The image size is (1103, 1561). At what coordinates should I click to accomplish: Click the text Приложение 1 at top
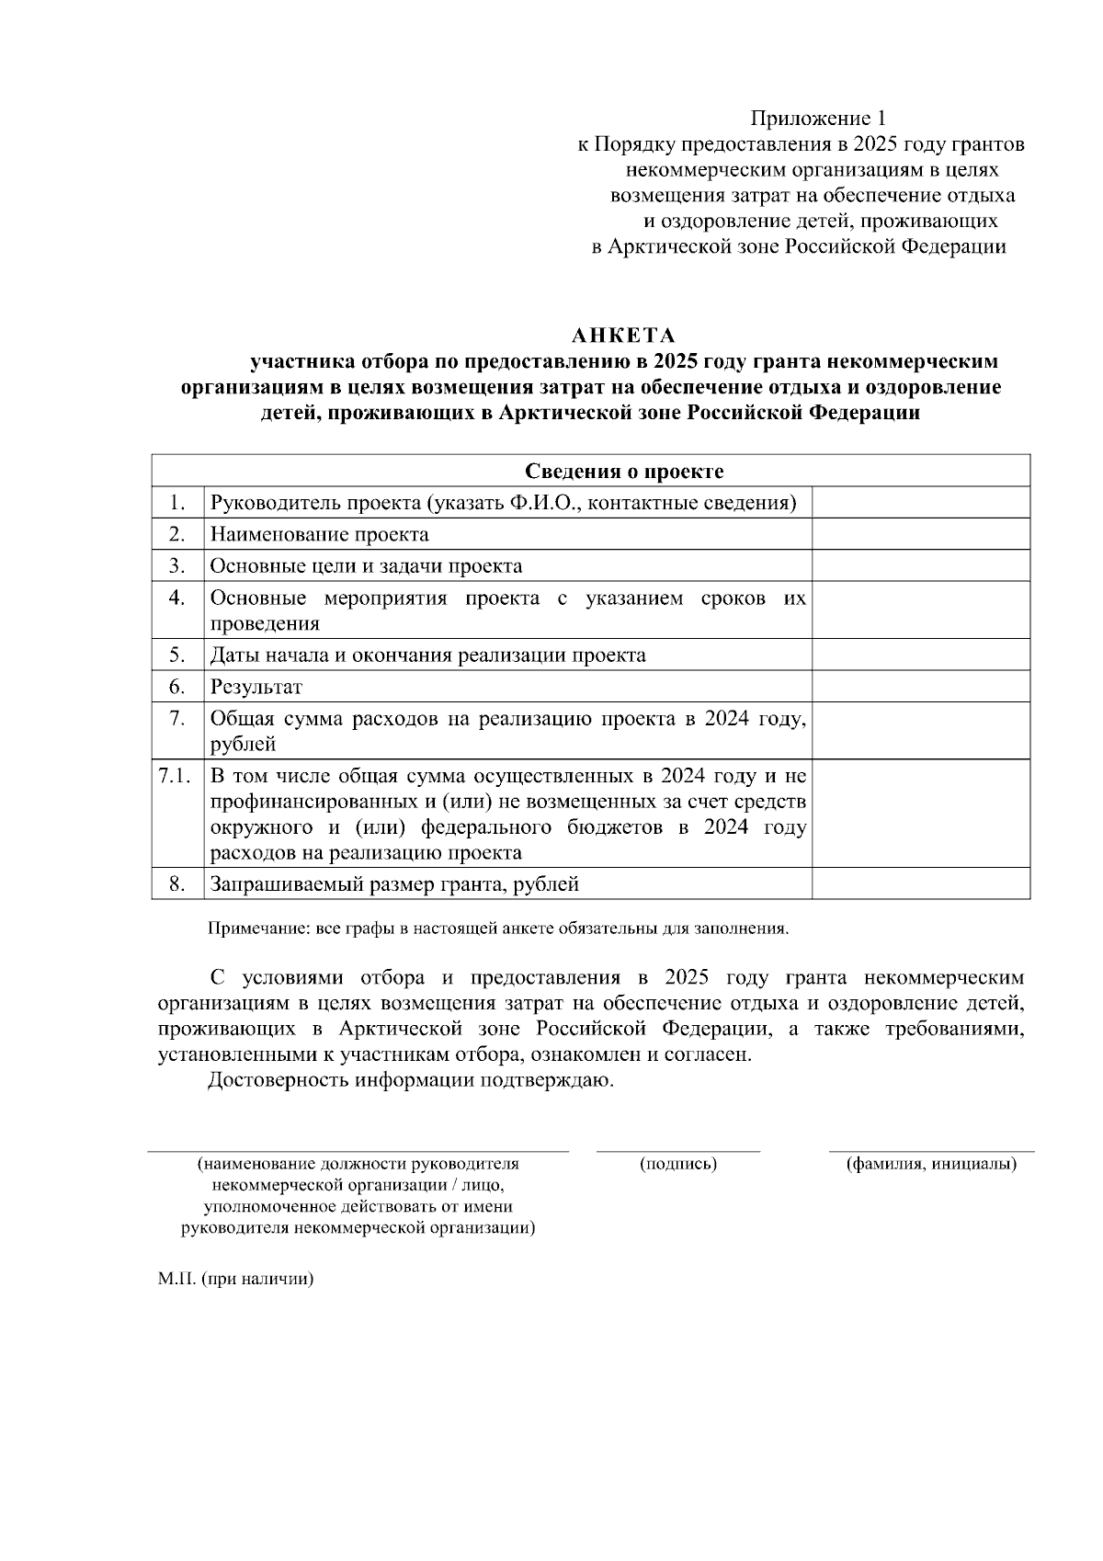(818, 119)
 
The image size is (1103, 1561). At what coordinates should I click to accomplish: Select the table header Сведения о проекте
(624, 472)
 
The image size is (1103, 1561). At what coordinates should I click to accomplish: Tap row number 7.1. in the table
(175, 776)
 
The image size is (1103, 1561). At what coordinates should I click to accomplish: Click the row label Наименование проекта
(319, 534)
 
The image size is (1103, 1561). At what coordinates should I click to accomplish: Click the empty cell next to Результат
(920, 687)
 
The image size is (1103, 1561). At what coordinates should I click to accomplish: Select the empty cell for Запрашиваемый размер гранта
(920, 884)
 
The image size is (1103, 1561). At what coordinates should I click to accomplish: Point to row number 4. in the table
(177, 598)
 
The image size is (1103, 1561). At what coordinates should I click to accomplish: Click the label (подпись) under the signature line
(678, 1164)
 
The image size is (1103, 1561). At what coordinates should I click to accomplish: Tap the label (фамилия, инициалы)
(931, 1164)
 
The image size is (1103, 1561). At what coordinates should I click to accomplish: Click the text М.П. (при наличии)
(235, 1279)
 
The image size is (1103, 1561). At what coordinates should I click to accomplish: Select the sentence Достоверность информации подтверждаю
(411, 1080)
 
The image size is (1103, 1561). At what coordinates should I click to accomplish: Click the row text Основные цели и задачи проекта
(366, 566)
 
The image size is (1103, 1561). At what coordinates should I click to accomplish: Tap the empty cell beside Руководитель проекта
(920, 503)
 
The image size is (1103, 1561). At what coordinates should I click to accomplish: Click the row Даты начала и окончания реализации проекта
(427, 655)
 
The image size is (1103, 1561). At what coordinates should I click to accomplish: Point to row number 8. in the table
(177, 884)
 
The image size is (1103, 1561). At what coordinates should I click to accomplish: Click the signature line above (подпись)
(678, 1150)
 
